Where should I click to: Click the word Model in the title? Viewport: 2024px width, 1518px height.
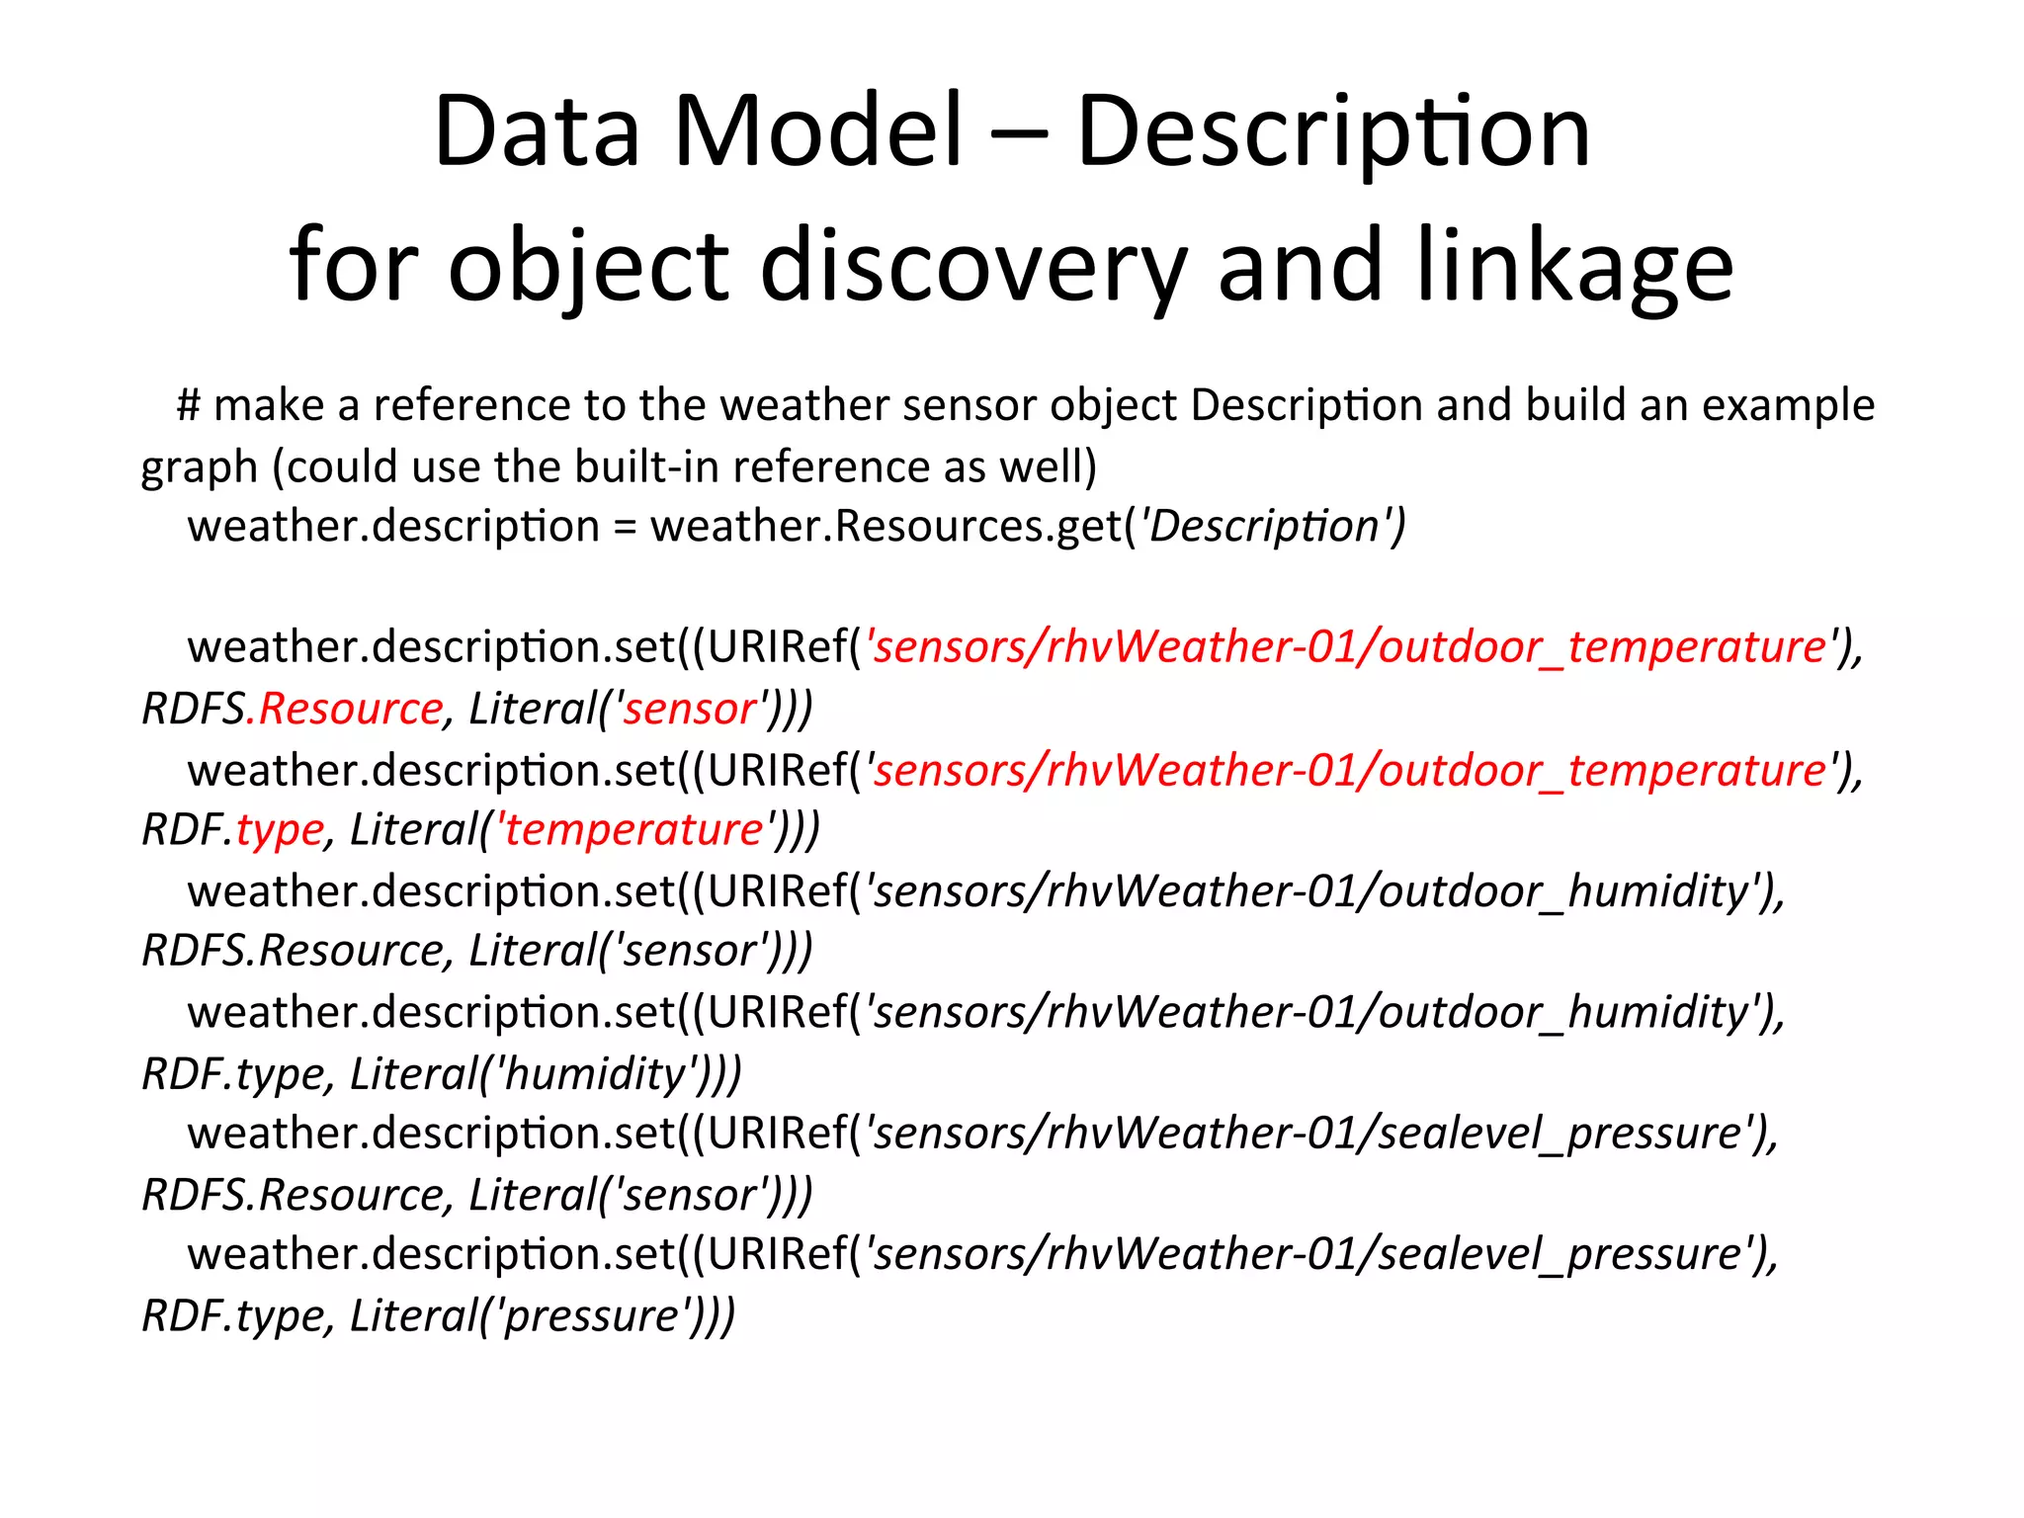tap(817, 130)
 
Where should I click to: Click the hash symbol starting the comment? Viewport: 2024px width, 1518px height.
tap(188, 405)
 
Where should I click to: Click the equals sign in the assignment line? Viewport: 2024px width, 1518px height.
tap(624, 527)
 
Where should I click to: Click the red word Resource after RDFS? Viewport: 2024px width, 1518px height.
tap(350, 709)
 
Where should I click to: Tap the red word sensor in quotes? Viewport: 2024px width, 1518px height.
tap(689, 709)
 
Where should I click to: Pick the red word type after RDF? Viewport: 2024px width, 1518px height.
tap(280, 830)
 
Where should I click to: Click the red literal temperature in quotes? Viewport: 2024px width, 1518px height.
tap(633, 829)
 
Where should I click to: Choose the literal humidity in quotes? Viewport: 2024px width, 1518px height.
tap(593, 1073)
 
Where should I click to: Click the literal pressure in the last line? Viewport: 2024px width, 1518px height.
tap(591, 1315)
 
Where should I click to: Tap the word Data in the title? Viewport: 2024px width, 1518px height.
tap(537, 130)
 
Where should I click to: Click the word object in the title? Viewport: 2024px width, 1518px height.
tap(588, 265)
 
